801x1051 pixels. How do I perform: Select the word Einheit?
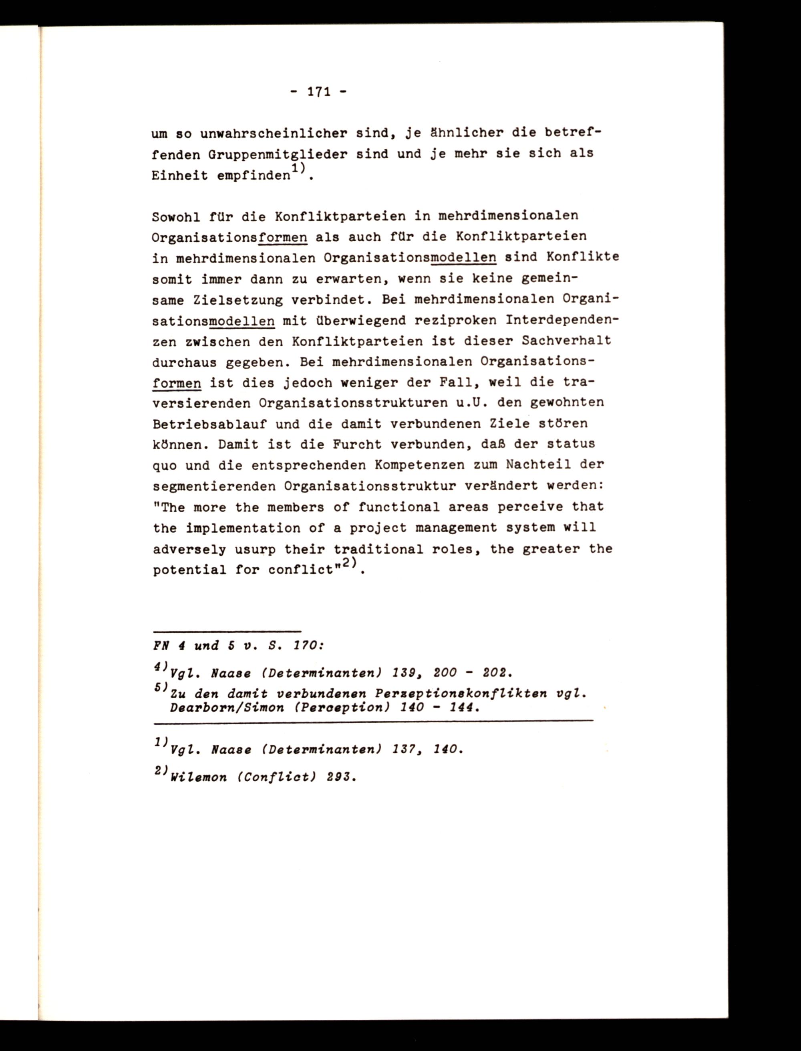click(x=180, y=176)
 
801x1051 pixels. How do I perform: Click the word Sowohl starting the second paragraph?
click(x=176, y=216)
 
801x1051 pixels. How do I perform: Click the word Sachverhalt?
click(x=566, y=341)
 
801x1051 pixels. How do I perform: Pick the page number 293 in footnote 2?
click(x=340, y=777)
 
